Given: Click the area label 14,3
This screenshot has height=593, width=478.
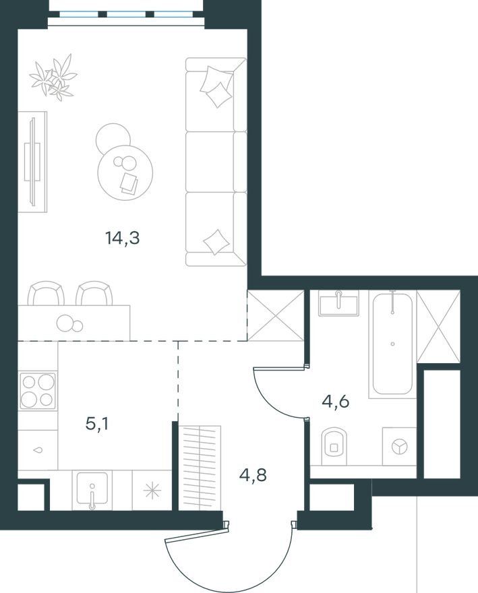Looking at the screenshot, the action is pyautogui.click(x=123, y=239).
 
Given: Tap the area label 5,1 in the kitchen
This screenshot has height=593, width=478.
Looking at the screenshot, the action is pyautogui.click(x=97, y=424).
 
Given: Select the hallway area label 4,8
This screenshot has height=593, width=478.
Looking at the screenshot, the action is pyautogui.click(x=253, y=474).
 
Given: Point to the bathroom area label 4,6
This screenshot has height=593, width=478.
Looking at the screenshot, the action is pyautogui.click(x=335, y=402).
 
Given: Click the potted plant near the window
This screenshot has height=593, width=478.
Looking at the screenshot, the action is pyautogui.click(x=53, y=77).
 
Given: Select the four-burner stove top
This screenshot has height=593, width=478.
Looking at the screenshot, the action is pyautogui.click(x=38, y=390).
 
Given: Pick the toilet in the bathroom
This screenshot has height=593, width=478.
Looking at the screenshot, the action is pyautogui.click(x=334, y=446).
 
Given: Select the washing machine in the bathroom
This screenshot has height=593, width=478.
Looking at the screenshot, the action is pyautogui.click(x=399, y=446).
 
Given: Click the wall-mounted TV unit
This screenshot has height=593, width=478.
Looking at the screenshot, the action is pyautogui.click(x=33, y=162).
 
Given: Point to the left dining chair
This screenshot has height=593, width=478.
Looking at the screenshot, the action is pyautogui.click(x=46, y=293).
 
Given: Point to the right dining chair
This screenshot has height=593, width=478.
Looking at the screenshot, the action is pyautogui.click(x=94, y=293).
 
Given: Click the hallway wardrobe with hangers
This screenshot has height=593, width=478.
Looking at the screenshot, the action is pyautogui.click(x=200, y=468).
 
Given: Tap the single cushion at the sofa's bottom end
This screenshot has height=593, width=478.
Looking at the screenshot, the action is pyautogui.click(x=216, y=242).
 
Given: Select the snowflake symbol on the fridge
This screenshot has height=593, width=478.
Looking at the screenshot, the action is pyautogui.click(x=152, y=491).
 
